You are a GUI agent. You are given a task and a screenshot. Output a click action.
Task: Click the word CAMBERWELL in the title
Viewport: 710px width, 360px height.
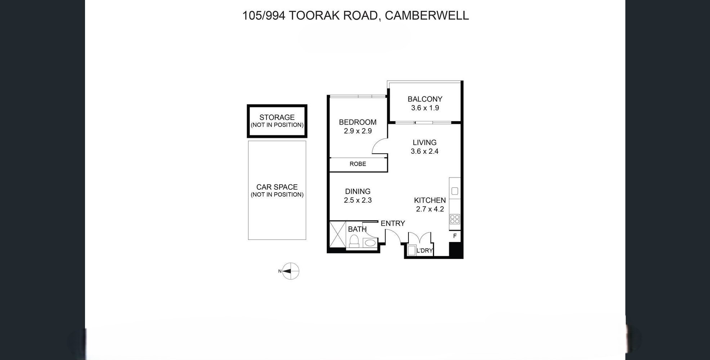click(427, 15)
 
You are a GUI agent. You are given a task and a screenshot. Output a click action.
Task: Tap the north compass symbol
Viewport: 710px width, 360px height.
click(290, 271)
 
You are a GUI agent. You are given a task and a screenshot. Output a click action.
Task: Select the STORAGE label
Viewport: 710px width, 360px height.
click(277, 117)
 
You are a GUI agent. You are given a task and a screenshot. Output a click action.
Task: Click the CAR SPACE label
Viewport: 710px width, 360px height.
click(277, 187)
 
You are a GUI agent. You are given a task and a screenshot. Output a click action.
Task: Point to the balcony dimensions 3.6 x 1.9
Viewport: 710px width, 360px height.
click(425, 108)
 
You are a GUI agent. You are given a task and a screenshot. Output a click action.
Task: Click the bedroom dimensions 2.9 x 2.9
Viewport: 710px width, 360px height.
click(357, 131)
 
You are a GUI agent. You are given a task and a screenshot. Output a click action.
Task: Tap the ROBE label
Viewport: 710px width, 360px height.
click(357, 164)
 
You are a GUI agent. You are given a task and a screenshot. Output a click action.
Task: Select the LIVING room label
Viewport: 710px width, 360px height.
click(424, 143)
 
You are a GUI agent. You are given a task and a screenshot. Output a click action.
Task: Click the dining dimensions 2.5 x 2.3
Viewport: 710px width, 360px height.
click(357, 200)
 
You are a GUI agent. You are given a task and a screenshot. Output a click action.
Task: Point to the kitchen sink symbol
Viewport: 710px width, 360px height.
click(455, 191)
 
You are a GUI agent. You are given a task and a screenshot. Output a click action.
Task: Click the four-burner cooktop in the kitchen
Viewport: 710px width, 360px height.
click(455, 219)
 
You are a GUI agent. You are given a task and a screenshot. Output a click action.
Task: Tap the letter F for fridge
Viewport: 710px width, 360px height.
click(455, 236)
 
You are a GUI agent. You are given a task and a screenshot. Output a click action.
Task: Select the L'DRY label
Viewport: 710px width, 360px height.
click(424, 251)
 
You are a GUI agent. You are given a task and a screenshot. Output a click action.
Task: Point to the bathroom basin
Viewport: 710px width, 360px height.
click(369, 243)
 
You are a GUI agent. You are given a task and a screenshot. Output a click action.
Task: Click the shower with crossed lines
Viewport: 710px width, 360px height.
click(337, 234)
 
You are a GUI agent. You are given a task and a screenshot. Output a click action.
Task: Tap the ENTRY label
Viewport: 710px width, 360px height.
click(393, 224)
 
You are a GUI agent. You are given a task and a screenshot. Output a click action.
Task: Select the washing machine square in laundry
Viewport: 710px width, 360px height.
click(411, 250)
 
